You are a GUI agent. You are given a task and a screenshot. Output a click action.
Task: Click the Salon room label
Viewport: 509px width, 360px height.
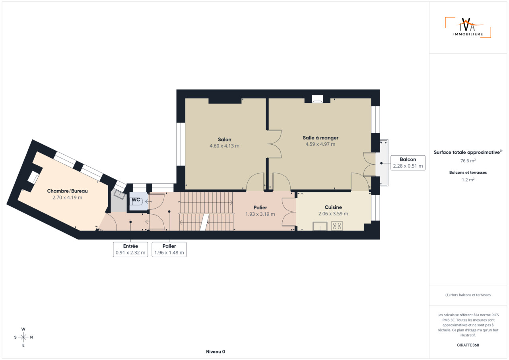[x=225, y=139]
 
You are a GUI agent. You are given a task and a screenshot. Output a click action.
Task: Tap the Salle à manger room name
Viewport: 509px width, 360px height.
[x=321, y=137]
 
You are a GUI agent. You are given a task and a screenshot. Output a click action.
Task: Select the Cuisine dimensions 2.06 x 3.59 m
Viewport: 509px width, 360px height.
[x=333, y=214]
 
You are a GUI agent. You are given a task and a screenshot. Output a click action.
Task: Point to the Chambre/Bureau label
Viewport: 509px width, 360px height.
[x=67, y=191]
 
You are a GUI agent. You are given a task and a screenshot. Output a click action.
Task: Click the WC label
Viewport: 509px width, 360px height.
[x=136, y=200]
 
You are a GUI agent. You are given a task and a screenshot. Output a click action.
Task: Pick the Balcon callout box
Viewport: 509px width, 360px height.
[x=408, y=163]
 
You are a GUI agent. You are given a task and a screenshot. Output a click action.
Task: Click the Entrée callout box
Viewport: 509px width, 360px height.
[x=130, y=249]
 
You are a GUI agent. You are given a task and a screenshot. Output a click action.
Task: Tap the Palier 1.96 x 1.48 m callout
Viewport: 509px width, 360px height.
[x=169, y=249]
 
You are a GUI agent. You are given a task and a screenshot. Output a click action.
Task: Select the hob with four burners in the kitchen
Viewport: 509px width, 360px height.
[x=337, y=226]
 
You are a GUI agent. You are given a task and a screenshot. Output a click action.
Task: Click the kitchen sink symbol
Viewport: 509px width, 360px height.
[x=320, y=226]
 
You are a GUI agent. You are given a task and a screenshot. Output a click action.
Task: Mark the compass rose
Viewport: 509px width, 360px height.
[x=23, y=337]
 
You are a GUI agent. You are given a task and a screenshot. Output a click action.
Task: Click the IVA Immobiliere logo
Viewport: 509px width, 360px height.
[x=468, y=27]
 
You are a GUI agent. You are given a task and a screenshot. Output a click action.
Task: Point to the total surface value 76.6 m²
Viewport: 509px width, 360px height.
[x=468, y=161]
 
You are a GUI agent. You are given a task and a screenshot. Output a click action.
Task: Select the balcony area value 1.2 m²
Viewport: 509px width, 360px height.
[x=468, y=180]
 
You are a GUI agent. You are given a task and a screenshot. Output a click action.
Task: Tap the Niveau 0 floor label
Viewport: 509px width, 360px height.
[x=216, y=352]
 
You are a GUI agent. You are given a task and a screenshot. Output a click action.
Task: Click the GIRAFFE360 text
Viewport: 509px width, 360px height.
[x=468, y=345]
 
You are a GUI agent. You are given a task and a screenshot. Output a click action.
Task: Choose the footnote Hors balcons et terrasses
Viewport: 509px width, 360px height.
[x=468, y=295]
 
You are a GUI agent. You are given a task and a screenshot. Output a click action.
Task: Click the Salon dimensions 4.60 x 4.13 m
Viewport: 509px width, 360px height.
[x=225, y=146]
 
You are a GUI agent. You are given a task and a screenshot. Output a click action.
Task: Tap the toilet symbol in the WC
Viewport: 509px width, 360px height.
[x=139, y=201]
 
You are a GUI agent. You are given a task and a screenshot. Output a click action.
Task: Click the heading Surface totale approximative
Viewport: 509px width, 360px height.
[x=468, y=152]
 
